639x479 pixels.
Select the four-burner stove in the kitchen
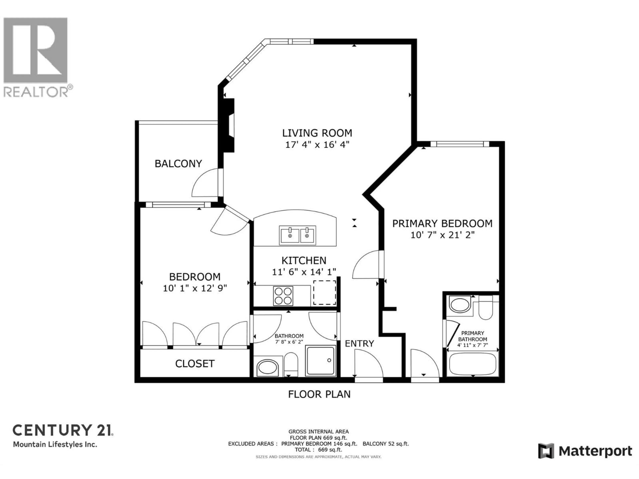click(x=283, y=296)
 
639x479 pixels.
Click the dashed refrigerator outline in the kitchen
click(x=325, y=293)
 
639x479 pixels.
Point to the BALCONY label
click(x=178, y=164)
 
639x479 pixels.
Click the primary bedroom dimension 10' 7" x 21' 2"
click(x=442, y=235)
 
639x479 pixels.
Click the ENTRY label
click(x=359, y=344)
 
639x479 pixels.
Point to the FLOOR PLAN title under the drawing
click(x=319, y=394)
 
